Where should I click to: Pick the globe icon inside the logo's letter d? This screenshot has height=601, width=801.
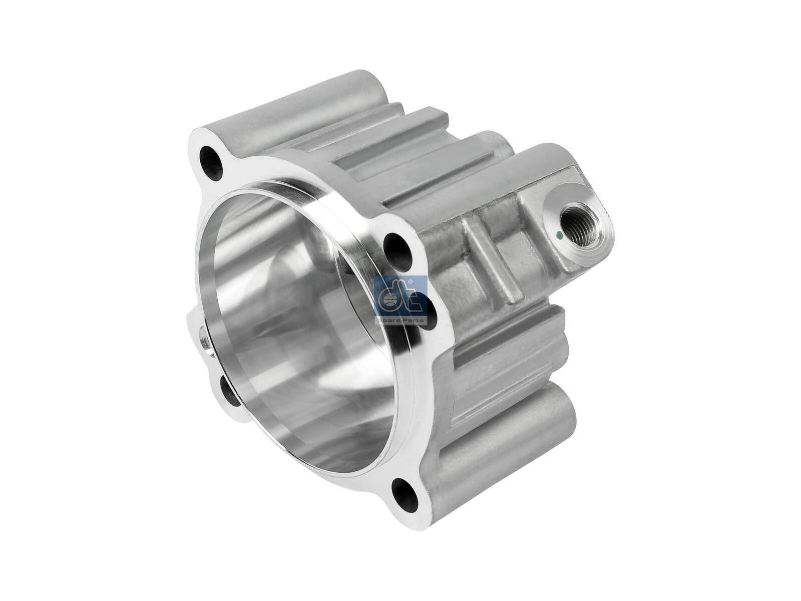pos(388,301)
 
